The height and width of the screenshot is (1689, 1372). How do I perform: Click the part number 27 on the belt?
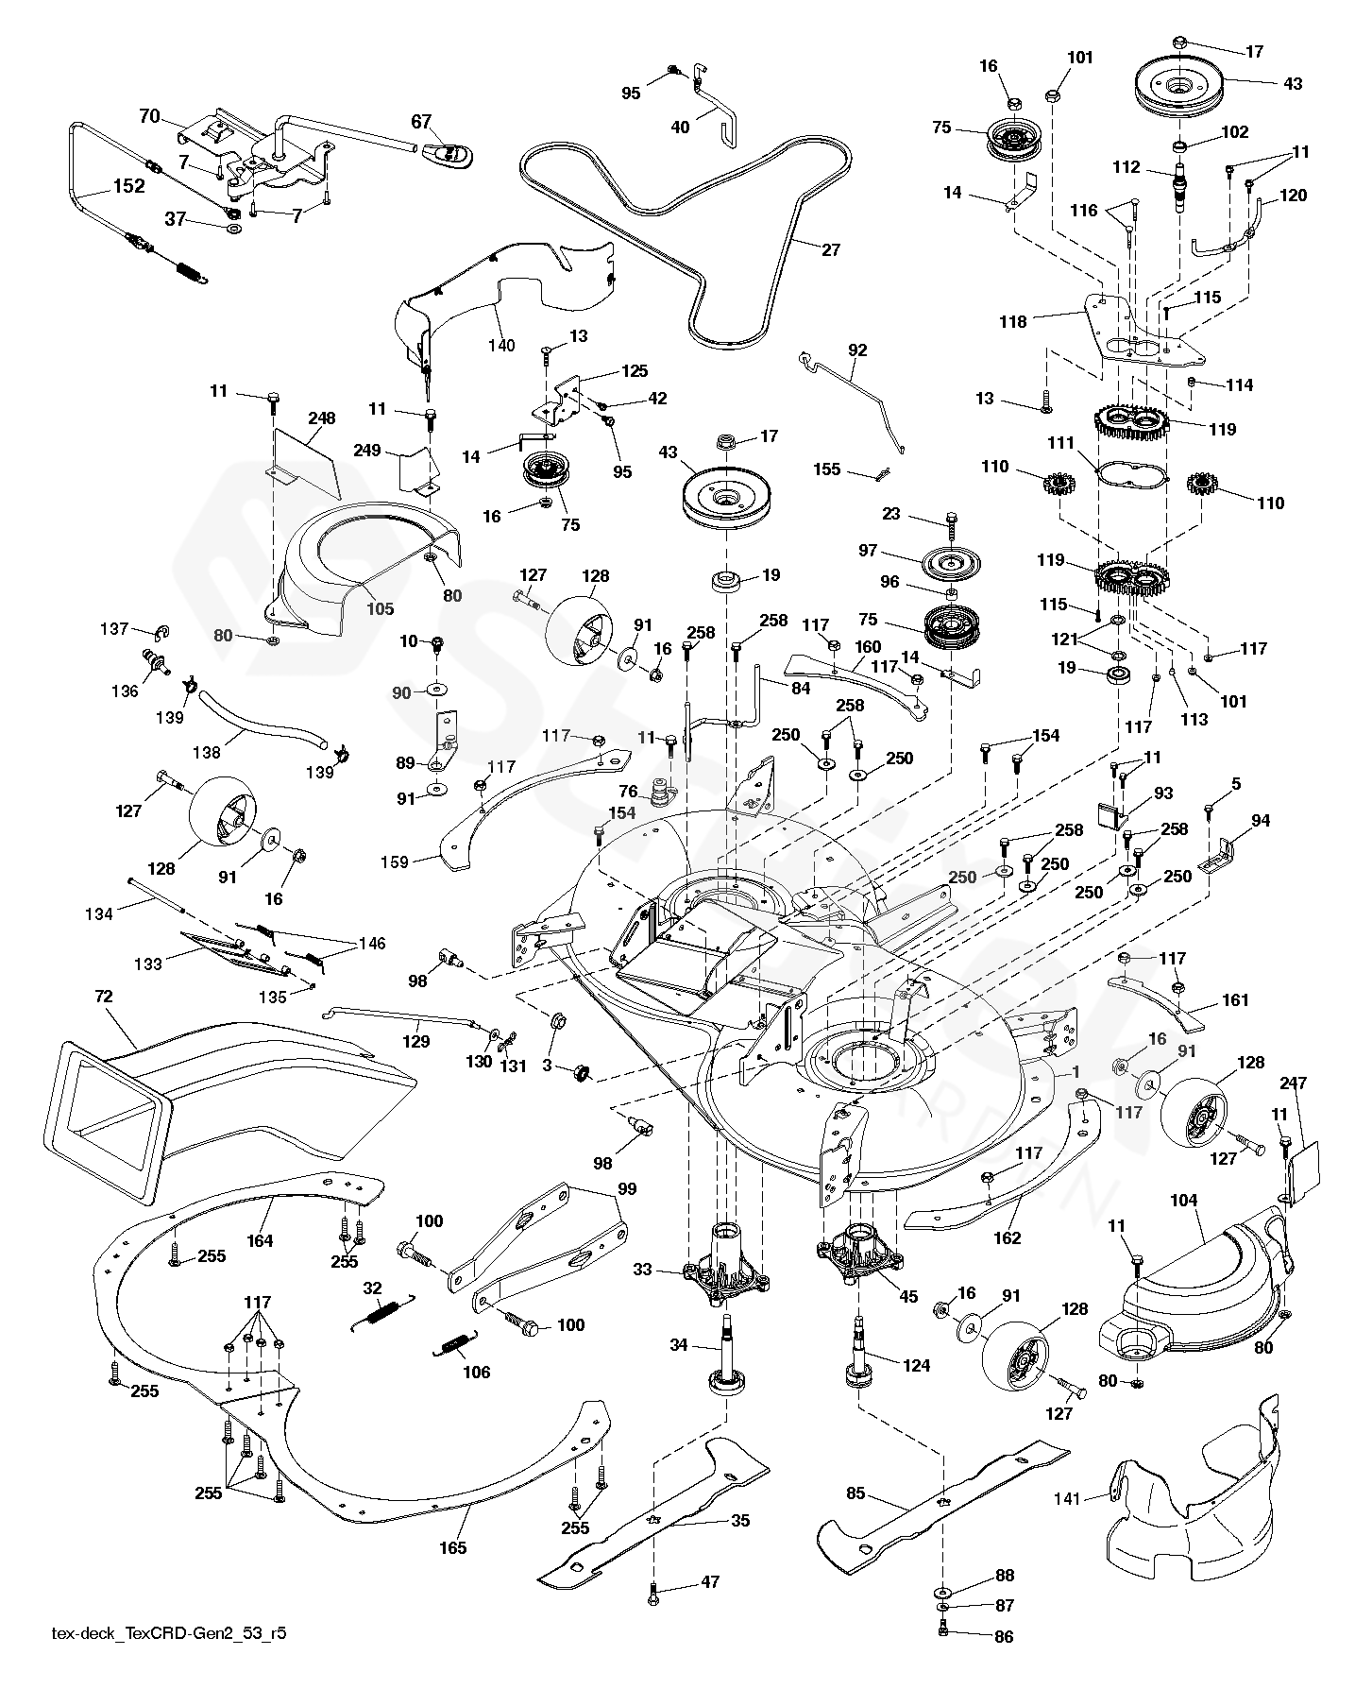pos(830,250)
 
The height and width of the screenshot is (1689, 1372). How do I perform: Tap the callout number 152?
pos(128,186)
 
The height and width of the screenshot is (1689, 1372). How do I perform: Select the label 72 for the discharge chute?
pos(104,997)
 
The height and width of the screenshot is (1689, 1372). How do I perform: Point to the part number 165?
pos(453,1547)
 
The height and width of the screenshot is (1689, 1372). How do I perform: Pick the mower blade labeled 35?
pos(652,1502)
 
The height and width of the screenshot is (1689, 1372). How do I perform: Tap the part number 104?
pos(1183,1201)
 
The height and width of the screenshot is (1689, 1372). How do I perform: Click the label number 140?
pos(501,345)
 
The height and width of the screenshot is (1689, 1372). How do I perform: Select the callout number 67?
pos(421,121)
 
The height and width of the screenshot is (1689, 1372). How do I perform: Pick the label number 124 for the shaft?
pos(916,1365)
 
